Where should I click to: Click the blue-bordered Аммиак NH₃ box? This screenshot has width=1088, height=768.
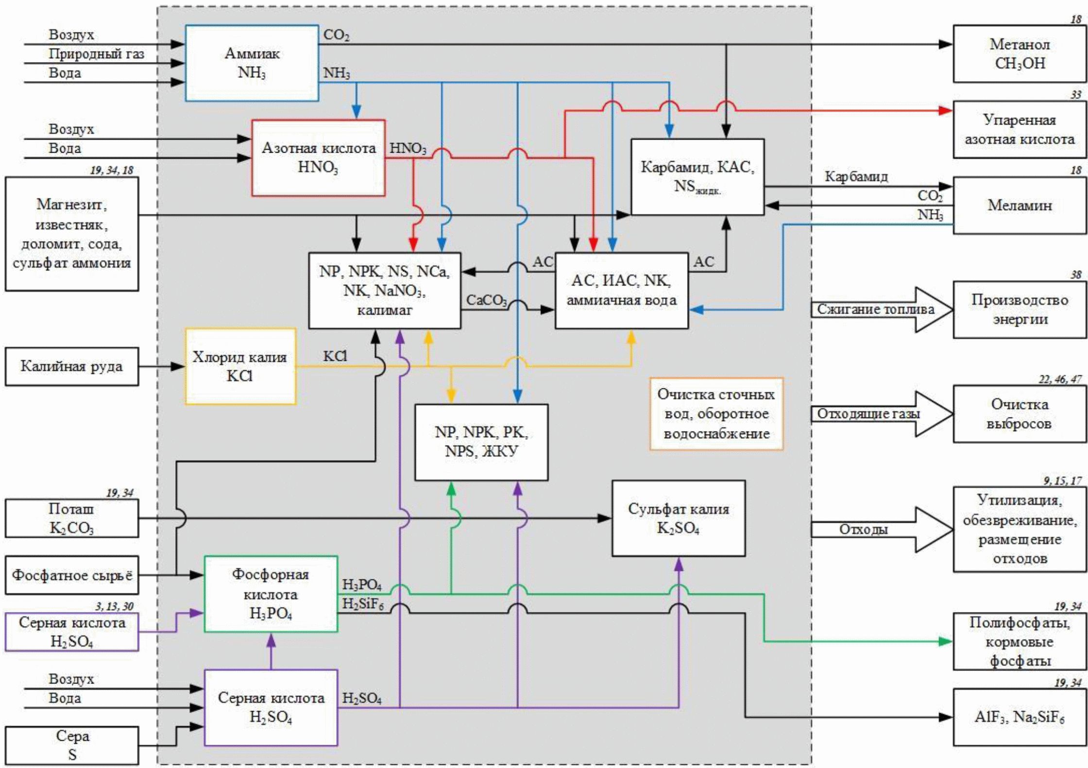click(x=252, y=63)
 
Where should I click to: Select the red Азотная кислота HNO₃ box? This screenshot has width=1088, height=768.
click(x=318, y=158)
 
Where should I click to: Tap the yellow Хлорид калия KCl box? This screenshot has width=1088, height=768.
click(x=240, y=367)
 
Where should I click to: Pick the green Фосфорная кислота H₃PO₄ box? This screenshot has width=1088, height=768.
click(x=271, y=594)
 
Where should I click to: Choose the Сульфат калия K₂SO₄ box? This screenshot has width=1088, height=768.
click(x=678, y=518)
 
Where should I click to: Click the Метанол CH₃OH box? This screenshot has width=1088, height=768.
click(x=1019, y=54)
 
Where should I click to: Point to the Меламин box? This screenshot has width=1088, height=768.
click(x=1019, y=206)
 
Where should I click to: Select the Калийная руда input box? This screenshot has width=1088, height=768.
click(x=71, y=367)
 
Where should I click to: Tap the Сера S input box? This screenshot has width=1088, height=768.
click(x=71, y=746)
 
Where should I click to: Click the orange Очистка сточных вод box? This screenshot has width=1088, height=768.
click(x=716, y=414)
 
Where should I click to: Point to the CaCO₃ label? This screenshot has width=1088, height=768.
click(x=486, y=300)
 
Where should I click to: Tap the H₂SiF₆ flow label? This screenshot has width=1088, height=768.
click(x=363, y=604)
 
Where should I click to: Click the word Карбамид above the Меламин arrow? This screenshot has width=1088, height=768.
click(x=856, y=177)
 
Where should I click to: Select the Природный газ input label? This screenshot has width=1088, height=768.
click(x=96, y=54)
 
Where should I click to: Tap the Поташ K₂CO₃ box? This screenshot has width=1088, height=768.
click(x=71, y=518)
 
